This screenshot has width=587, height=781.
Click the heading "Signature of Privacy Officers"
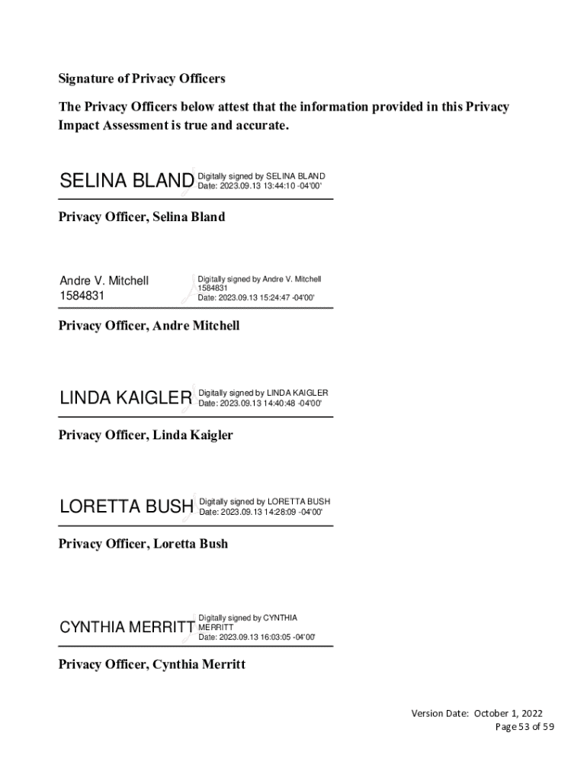(142, 79)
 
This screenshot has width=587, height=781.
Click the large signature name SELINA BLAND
(127, 182)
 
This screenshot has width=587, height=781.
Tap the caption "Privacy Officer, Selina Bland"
(142, 217)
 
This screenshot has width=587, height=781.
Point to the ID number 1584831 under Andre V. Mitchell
(82, 295)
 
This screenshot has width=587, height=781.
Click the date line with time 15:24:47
(256, 298)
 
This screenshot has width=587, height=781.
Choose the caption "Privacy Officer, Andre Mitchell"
(149, 326)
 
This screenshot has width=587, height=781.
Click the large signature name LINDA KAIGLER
(126, 398)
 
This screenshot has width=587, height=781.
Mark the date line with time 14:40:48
(260, 403)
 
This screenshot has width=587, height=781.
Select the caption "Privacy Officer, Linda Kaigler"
(146, 435)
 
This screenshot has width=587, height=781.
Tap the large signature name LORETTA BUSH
(126, 507)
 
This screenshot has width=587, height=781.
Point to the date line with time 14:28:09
(261, 512)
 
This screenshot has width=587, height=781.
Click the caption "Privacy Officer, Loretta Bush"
(143, 545)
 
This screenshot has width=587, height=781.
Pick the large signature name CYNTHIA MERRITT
(127, 628)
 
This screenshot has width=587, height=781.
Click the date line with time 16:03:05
(257, 638)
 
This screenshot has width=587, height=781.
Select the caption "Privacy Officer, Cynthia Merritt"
(152, 665)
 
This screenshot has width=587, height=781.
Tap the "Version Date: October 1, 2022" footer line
(477, 714)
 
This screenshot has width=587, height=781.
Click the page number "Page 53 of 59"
(524, 727)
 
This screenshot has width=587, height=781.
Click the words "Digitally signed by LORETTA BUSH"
(265, 502)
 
